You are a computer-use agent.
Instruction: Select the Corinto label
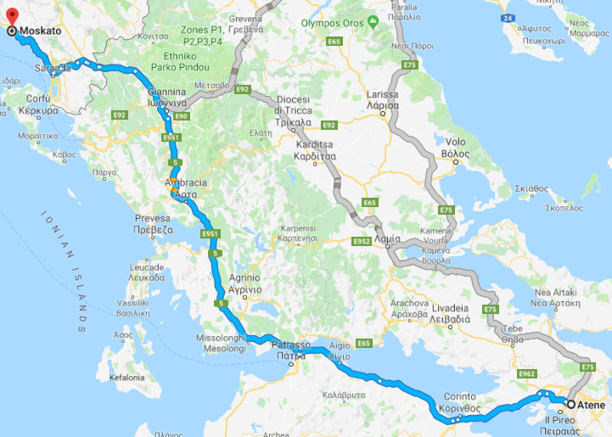pyautogui.click(x=460, y=397)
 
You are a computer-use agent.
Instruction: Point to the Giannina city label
pyautogui.click(x=166, y=92)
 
